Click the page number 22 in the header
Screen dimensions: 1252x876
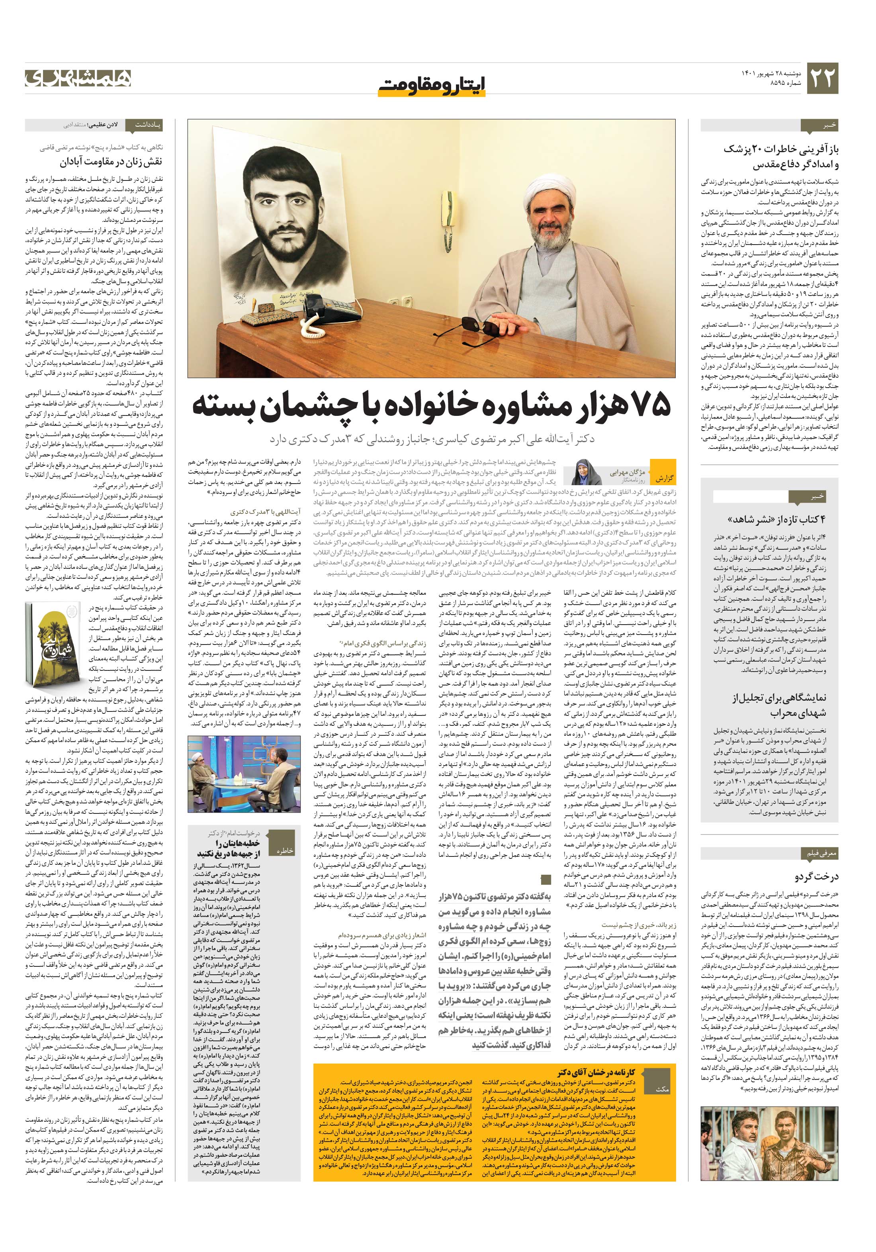click(821, 78)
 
